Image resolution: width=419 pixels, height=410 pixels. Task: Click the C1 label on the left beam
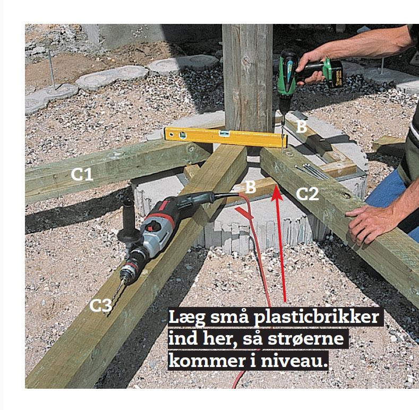(82, 174)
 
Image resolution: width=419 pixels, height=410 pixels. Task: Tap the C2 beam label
(307, 194)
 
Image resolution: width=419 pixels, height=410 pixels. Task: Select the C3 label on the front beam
(100, 305)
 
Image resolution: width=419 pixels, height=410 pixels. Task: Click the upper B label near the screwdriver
(302, 126)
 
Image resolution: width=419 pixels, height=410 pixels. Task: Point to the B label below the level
(250, 187)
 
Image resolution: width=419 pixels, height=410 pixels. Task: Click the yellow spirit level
(226, 137)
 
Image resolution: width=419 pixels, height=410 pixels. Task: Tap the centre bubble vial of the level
(225, 133)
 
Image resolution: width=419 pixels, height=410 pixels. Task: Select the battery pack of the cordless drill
(332, 73)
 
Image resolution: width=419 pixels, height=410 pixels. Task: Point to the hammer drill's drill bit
(115, 297)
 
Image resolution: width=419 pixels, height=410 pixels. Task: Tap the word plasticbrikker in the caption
(316, 318)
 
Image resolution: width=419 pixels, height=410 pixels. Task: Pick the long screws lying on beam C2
(312, 171)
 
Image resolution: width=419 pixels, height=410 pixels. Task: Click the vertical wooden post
(247, 78)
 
